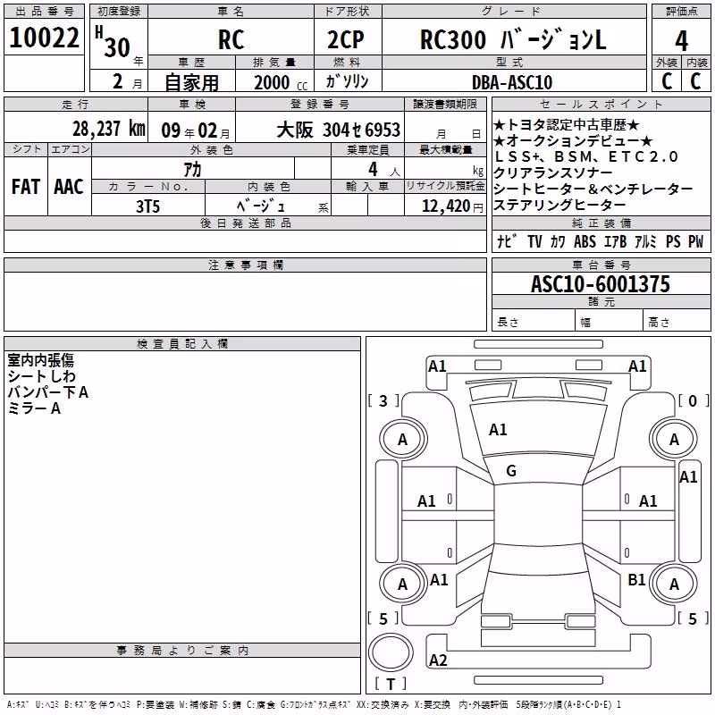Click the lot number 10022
[x=44, y=38]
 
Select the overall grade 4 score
[x=681, y=41]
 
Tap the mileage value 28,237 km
[x=109, y=129]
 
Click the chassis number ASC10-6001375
[x=601, y=284]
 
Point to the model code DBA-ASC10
[x=512, y=82]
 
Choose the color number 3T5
[x=147, y=206]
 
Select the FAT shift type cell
[x=26, y=187]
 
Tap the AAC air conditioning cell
[x=69, y=187]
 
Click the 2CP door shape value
[x=346, y=39]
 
